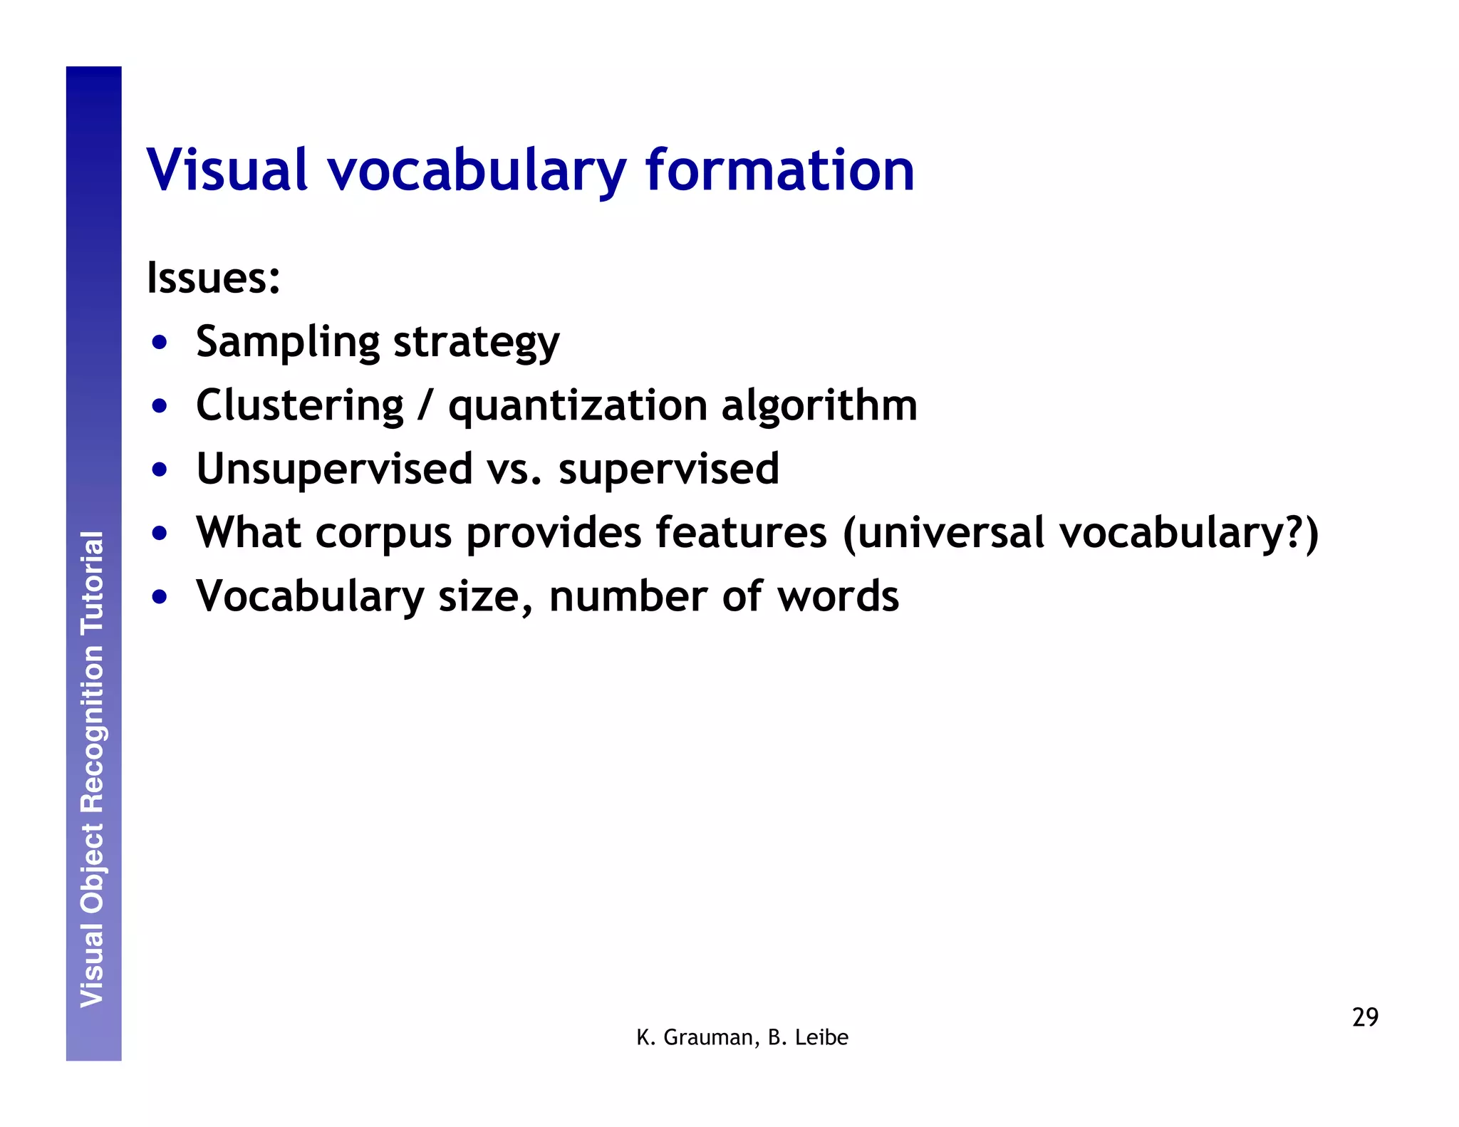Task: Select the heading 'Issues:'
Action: (x=214, y=278)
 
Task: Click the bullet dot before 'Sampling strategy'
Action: (x=160, y=343)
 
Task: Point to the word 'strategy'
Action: (x=476, y=343)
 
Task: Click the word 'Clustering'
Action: (x=300, y=405)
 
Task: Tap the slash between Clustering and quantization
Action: (x=425, y=405)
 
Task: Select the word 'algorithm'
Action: (x=819, y=405)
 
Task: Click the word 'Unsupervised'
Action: (x=334, y=469)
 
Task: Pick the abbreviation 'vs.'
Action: (x=514, y=469)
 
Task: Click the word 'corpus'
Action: (x=384, y=534)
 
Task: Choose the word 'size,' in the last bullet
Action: (x=485, y=596)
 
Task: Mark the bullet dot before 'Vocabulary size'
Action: (x=160, y=596)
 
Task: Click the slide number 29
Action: (x=1365, y=1017)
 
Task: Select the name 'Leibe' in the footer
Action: (x=821, y=1037)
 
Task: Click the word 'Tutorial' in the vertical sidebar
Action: (x=93, y=583)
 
